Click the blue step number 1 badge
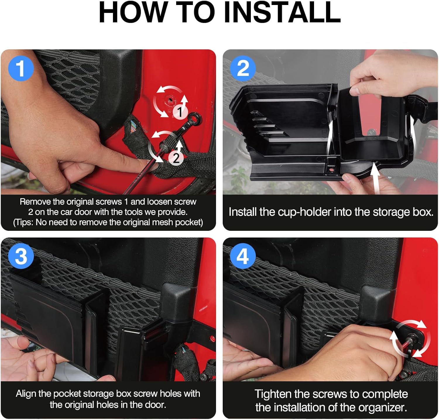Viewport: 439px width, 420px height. [21, 69]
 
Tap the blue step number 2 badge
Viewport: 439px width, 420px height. [243, 69]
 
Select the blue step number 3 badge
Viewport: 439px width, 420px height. [21, 256]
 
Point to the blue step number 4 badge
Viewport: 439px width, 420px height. [243, 256]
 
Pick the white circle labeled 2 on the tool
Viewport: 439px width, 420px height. [176, 158]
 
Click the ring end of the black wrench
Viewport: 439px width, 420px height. [195, 118]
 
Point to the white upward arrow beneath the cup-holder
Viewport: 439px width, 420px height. [375, 179]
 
